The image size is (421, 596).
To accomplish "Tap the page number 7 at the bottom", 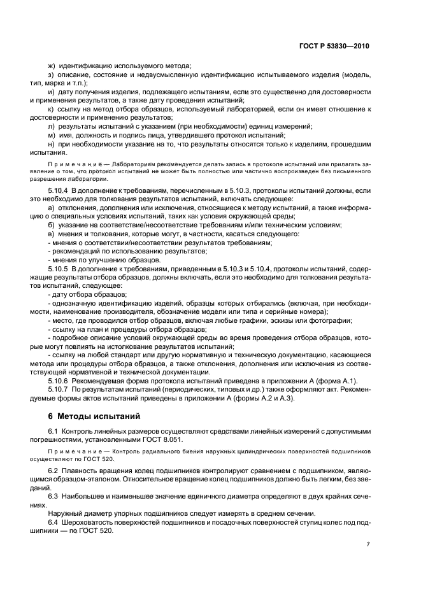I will tap(368, 544).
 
